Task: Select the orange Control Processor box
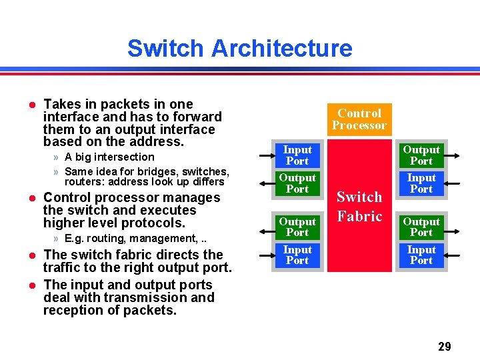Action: tap(359, 119)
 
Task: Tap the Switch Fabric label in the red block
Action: tap(359, 207)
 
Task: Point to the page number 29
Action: tap(444, 346)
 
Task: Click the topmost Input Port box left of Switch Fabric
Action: tap(297, 155)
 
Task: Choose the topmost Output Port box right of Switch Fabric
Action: tap(421, 155)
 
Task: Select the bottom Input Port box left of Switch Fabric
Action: tap(297, 255)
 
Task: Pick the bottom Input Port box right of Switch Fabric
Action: tap(421, 255)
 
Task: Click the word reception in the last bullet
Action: tap(69, 311)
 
